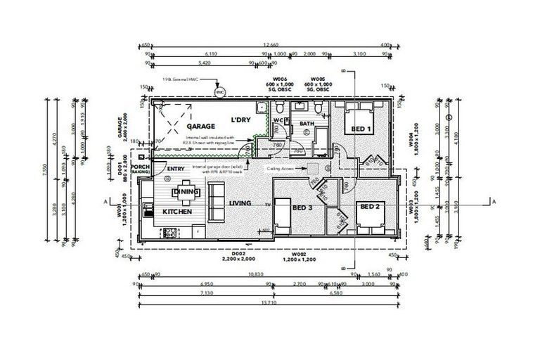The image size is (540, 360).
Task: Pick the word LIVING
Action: (x=240, y=202)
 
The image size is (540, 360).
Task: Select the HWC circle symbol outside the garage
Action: (x=219, y=91)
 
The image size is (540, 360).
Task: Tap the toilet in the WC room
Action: (x=281, y=108)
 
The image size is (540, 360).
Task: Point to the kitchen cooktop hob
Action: (x=170, y=233)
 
